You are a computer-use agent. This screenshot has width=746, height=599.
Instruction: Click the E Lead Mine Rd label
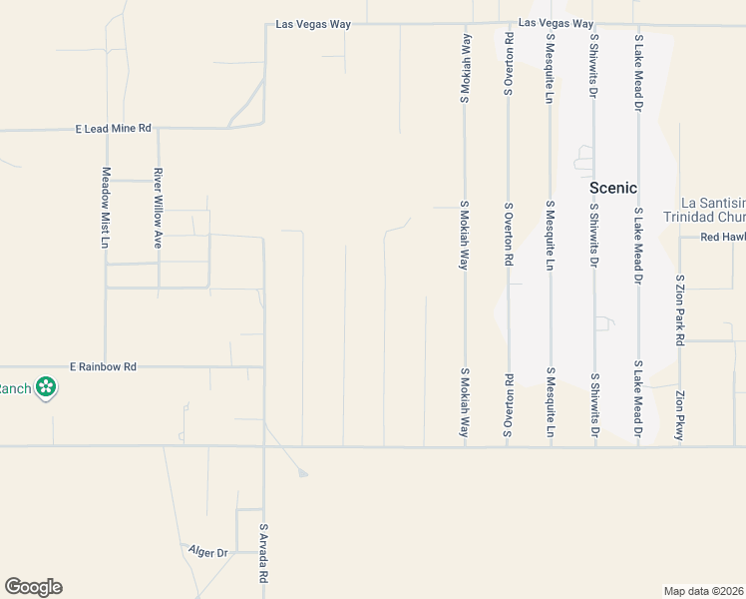pos(114,129)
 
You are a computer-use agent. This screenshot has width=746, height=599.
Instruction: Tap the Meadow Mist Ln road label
pos(105,208)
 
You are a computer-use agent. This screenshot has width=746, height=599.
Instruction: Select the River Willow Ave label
pos(157,208)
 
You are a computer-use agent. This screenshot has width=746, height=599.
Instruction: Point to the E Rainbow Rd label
pos(103,366)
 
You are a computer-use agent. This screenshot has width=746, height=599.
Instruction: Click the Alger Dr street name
pos(208,551)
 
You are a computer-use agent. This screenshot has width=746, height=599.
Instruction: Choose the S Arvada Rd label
pos(263,554)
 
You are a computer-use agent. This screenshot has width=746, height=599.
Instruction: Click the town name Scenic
pos(613,188)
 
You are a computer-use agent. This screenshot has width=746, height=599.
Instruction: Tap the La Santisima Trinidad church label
pos(712,211)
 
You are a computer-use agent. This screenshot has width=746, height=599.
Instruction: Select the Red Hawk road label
pos(722,237)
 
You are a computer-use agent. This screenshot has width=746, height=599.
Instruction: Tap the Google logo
pos(33,587)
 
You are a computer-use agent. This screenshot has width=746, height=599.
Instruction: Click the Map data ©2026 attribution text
pos(704,590)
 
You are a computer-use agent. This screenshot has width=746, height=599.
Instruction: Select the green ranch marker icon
pos(45,386)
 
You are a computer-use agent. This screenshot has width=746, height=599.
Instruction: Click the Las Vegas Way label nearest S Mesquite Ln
pos(557,23)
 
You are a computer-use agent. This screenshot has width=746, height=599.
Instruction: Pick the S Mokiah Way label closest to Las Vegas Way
pos(465,67)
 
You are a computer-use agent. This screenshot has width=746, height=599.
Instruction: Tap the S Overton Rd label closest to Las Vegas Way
pos(508,64)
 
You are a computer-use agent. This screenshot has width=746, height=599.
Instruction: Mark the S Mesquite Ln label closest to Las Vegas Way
pos(550,67)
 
